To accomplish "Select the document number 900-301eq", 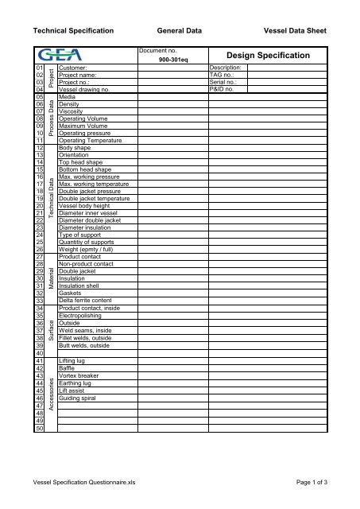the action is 172,60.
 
